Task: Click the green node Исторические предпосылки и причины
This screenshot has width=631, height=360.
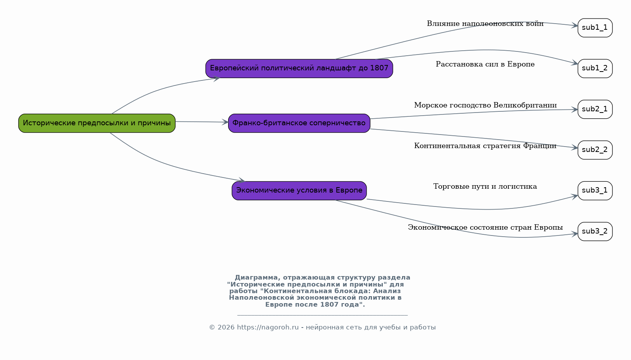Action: point(97,123)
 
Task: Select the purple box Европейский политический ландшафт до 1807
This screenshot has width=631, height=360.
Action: point(299,68)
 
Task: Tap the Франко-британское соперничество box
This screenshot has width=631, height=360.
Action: point(299,123)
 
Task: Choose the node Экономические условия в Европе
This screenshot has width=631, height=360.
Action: point(299,191)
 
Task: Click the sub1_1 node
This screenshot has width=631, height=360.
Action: point(595,28)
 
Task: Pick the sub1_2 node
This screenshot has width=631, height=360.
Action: point(595,68)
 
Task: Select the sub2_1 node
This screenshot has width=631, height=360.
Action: point(595,109)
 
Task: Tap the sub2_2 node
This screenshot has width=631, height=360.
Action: point(595,150)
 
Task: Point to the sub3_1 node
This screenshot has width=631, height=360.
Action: point(595,191)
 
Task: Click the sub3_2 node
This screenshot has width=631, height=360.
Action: point(595,231)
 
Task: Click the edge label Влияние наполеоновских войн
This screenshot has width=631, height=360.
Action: point(485,24)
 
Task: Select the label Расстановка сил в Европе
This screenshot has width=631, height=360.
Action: point(485,64)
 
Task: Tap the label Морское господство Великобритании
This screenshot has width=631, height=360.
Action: point(485,105)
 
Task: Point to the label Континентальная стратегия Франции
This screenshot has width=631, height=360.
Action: point(485,146)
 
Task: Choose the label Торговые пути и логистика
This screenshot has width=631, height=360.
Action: point(485,186)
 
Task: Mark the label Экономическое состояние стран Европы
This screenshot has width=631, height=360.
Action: point(485,227)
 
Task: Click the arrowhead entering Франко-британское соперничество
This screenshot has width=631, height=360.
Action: point(225,122)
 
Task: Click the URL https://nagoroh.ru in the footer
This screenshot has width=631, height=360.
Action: point(268,327)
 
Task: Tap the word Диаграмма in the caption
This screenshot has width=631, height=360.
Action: point(257,278)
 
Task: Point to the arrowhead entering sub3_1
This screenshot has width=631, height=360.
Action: point(575,196)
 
